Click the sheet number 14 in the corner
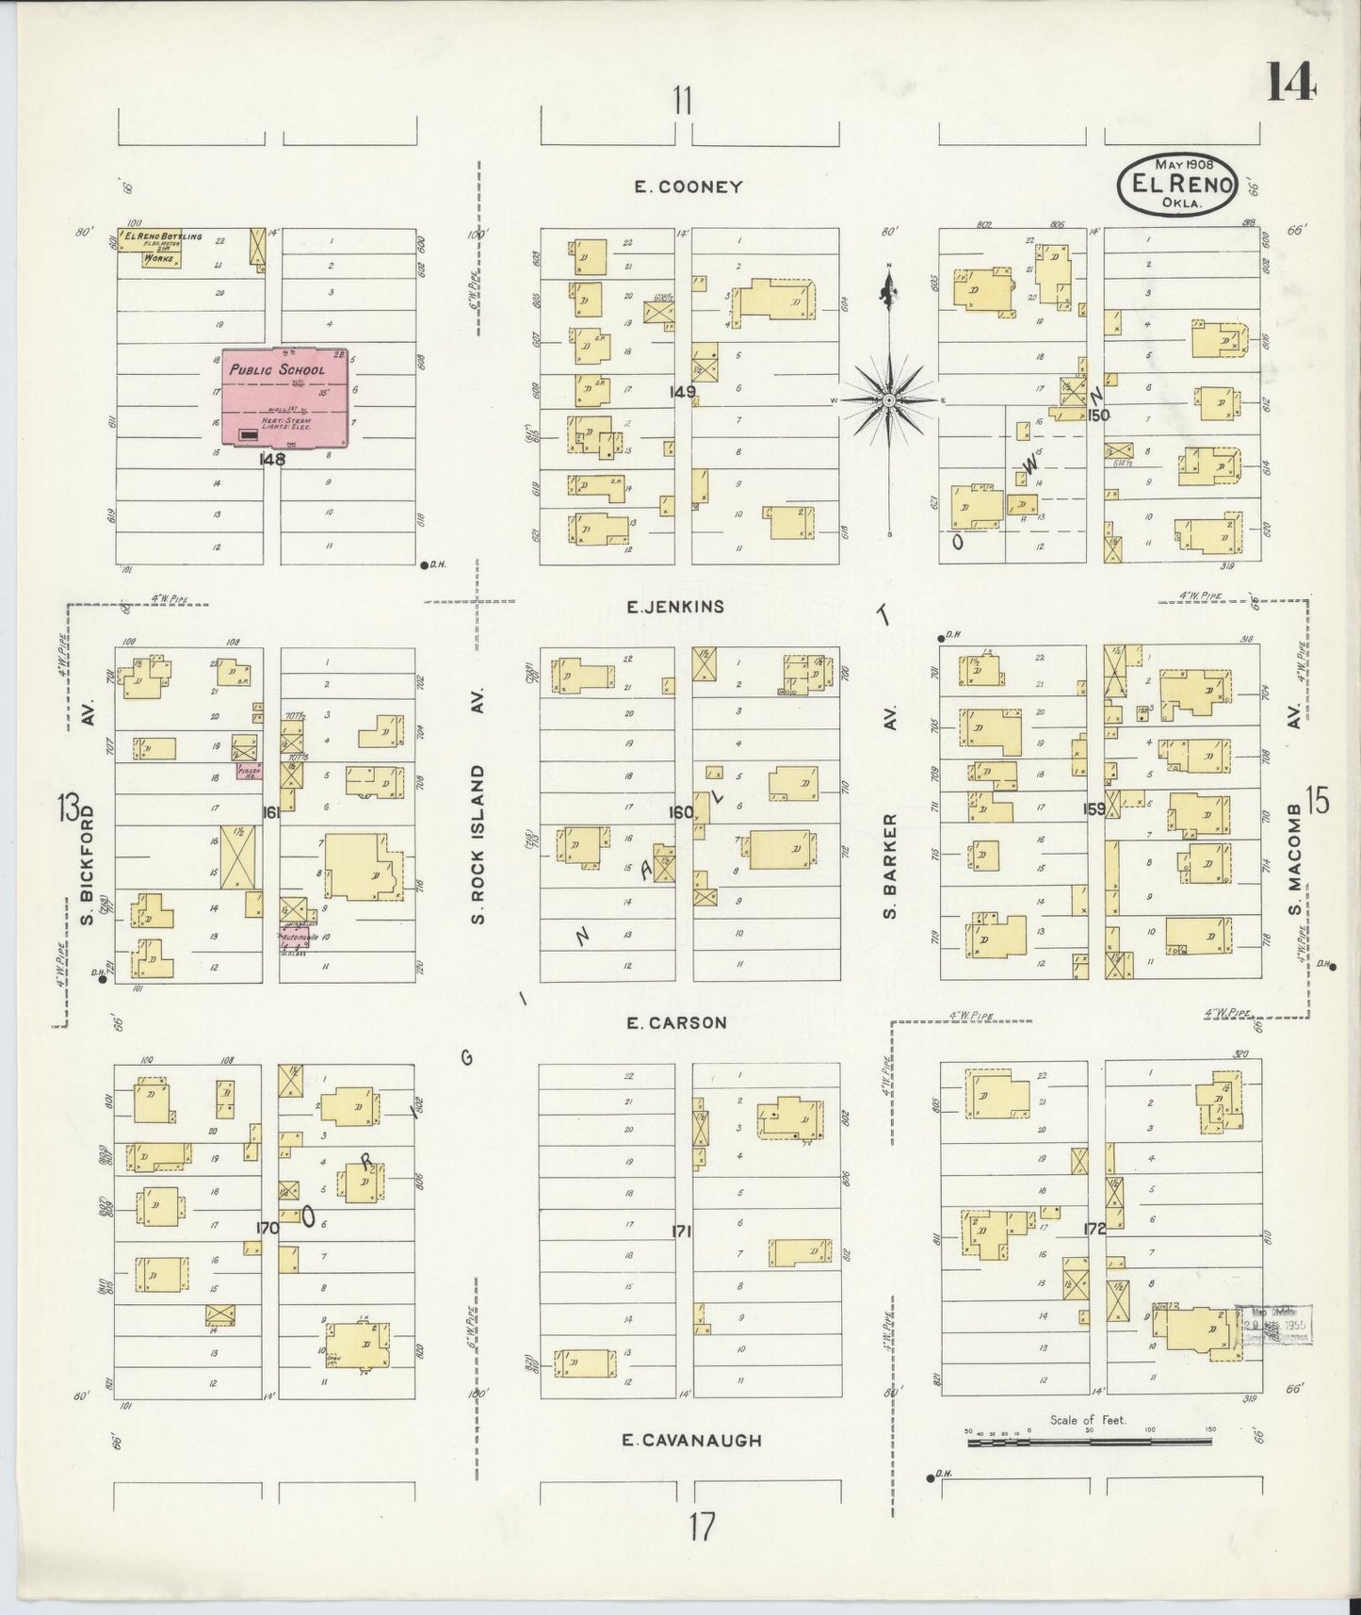[1289, 81]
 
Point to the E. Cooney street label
[689, 187]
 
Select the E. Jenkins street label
[675, 607]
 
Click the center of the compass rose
[888, 400]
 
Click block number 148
[272, 460]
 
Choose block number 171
[681, 1231]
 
